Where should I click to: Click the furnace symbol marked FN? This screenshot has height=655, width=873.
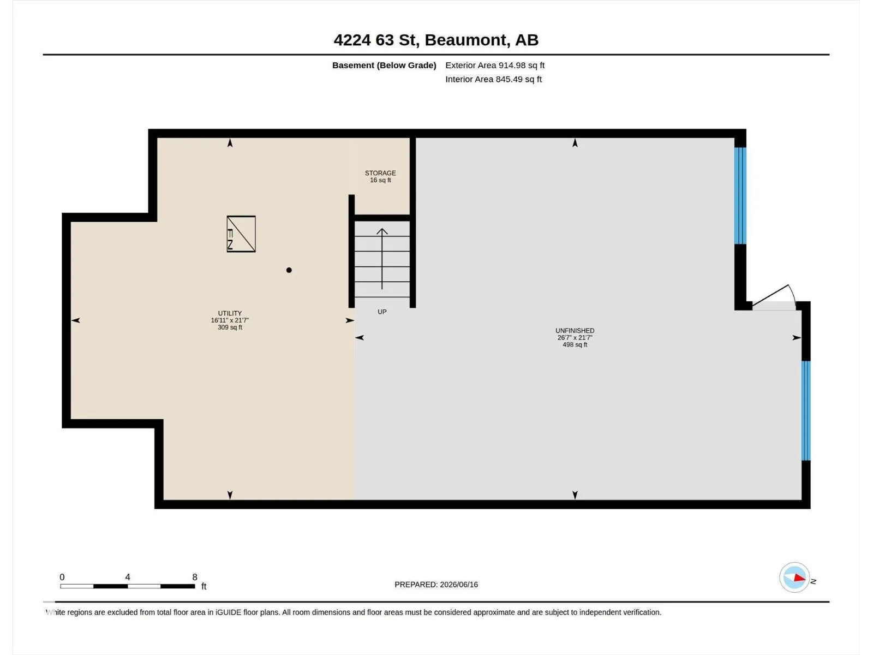click(241, 234)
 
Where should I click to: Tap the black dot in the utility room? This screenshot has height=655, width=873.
click(289, 270)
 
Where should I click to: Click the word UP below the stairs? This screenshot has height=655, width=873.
click(382, 312)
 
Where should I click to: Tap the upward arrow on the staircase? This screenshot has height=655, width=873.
click(382, 259)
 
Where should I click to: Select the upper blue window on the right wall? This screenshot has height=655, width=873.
click(740, 195)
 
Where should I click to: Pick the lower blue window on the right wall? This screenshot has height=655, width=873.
click(806, 410)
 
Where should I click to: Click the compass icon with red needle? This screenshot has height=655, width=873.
click(794, 577)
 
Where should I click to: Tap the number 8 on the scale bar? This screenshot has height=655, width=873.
click(195, 577)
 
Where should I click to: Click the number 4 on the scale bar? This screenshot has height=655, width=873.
click(128, 577)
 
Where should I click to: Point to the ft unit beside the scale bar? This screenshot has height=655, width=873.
click(204, 586)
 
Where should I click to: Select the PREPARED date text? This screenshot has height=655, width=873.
click(436, 585)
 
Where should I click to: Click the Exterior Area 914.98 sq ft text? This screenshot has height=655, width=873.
click(495, 65)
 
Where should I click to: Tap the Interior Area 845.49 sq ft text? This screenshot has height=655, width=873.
click(494, 79)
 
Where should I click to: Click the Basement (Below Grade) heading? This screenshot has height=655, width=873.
click(384, 65)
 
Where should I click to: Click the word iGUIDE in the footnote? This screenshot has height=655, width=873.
click(228, 612)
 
